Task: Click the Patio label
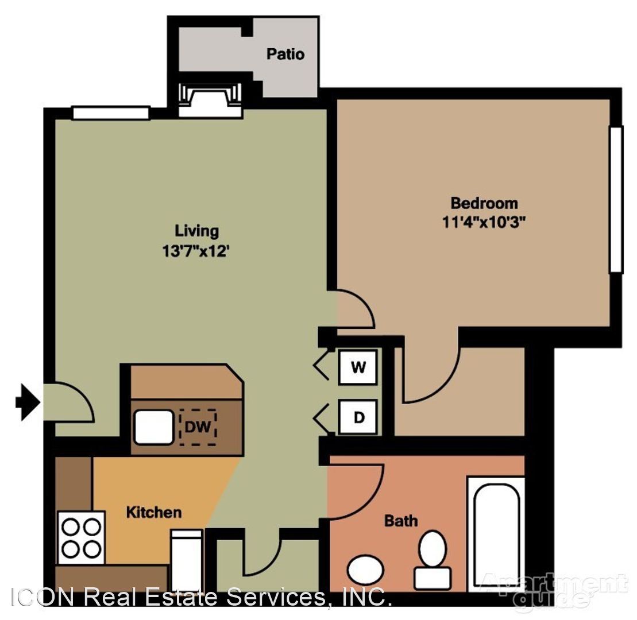tap(285, 54)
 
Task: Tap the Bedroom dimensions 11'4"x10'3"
tap(484, 222)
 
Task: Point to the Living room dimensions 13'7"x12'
tap(196, 250)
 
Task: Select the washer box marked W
tap(358, 367)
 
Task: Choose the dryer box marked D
tap(358, 417)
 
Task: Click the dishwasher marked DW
tap(198, 427)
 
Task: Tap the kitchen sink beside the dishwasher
tap(154, 427)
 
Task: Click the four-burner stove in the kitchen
tap(81, 537)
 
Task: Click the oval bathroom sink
tap(366, 569)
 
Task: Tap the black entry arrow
tap(28, 402)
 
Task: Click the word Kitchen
tap(153, 513)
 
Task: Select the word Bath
tap(401, 521)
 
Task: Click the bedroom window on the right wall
tap(616, 199)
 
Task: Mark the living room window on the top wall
tap(111, 113)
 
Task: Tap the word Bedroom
tap(484, 203)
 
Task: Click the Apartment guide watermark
tap(554, 589)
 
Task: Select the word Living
tap(196, 231)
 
